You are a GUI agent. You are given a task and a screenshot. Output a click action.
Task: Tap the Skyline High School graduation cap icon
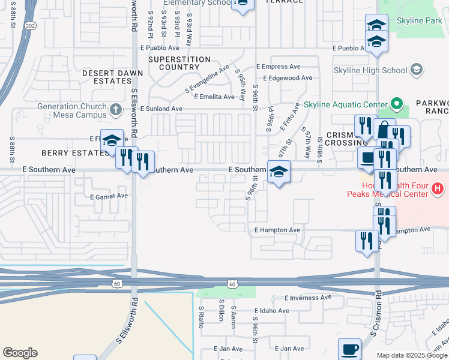point(415,71)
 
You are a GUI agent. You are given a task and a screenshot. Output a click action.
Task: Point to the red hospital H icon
point(438,189)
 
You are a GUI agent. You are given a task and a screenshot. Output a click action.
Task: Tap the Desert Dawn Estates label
point(113,77)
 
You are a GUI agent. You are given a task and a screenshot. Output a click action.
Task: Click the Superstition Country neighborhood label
point(179,64)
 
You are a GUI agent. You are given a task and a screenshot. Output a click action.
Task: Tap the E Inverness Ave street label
point(308,298)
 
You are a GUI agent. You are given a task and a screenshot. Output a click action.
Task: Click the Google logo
point(20,353)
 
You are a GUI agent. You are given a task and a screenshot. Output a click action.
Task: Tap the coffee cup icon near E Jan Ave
point(349,349)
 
